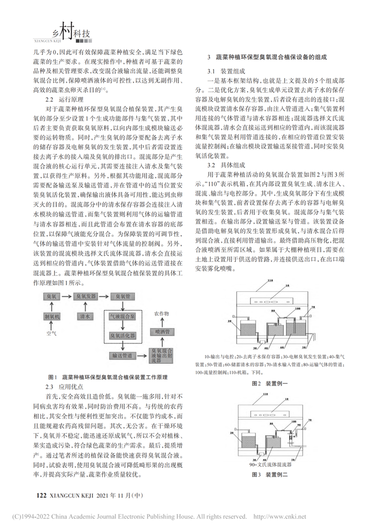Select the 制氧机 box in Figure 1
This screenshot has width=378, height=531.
pyautogui.click(x=53, y=316)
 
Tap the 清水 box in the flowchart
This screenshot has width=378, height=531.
pyautogui.click(x=85, y=316)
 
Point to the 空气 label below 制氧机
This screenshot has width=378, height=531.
pyautogui.click(x=53, y=334)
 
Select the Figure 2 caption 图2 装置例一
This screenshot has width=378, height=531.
pyautogui.click(x=273, y=383)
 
